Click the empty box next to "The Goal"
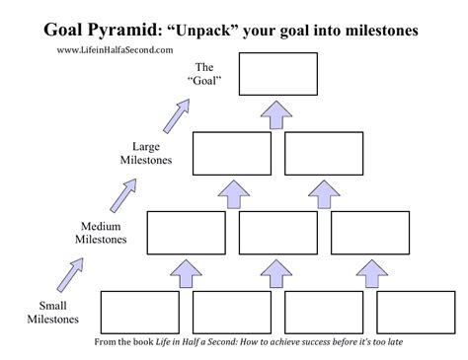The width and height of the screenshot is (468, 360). tap(277, 74)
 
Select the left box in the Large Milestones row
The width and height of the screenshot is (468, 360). tap(231, 153)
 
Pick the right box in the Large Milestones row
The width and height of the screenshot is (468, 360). tap(324, 153)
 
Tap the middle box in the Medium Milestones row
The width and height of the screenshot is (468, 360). tap(277, 233)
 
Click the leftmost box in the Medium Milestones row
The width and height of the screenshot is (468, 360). tap(186, 233)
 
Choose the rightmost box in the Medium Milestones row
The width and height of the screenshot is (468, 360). tap(369, 233)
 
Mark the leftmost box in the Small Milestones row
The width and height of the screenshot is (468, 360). tap(139, 312)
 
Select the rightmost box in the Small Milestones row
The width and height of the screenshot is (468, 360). tap(416, 312)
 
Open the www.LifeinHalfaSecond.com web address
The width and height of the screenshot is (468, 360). tap(115, 50)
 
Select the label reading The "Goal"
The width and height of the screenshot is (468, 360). tap(204, 75)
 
